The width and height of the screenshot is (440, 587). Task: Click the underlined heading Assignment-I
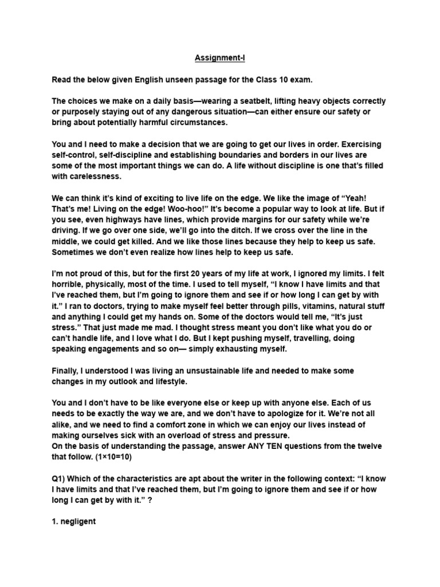(220, 58)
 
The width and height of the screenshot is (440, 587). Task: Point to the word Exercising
(360, 144)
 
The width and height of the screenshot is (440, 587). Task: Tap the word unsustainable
(206, 371)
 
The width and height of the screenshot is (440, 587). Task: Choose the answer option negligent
(74, 522)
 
